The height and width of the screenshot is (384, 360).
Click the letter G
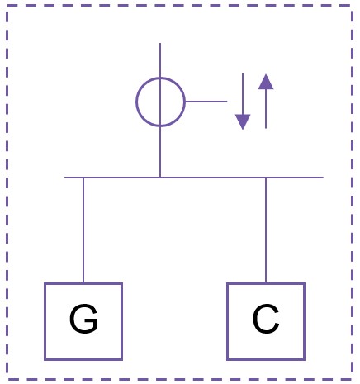83,319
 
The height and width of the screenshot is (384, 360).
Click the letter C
266,319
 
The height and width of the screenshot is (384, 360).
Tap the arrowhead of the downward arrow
243,121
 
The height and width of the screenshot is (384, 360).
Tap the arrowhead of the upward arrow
266,82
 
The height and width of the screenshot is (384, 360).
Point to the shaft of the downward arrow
243,93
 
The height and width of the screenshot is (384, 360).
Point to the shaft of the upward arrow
266,109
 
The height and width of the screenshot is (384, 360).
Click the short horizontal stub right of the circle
206,102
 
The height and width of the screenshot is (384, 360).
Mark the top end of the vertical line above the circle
160,43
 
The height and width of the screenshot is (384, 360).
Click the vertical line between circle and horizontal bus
160,152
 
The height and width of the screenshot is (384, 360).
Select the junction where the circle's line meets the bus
160,178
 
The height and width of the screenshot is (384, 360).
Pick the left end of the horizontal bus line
65,178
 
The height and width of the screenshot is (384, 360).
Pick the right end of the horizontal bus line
323,178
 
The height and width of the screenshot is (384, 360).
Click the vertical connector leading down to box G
83,230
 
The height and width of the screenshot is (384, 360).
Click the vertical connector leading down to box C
266,230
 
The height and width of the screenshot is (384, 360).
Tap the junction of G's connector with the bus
83,178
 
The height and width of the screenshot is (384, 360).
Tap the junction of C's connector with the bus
266,178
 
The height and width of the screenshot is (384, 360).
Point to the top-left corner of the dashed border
7,5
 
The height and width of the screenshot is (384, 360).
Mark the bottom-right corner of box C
305,359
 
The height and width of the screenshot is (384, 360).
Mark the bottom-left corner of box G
45,359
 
